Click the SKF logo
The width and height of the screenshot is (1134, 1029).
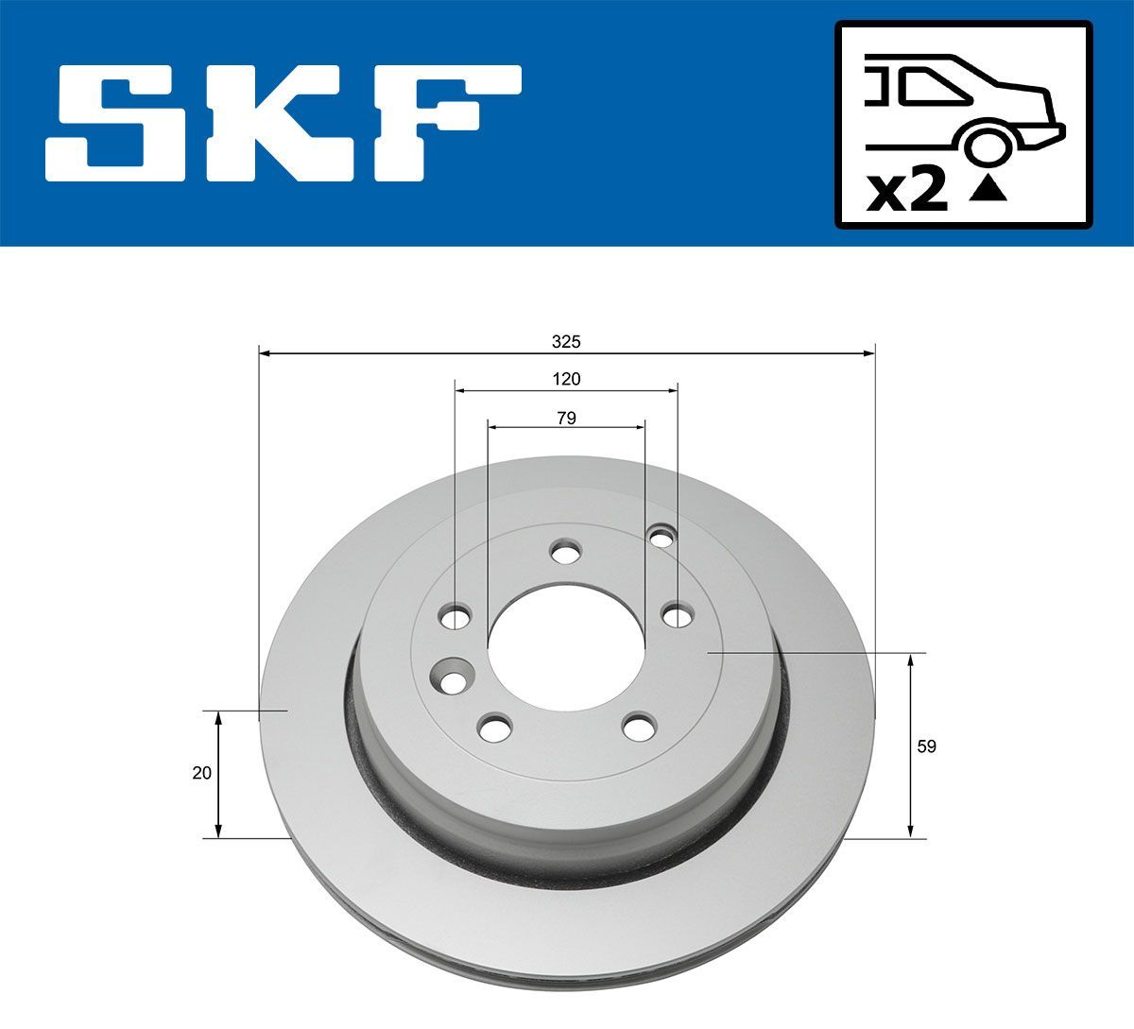pyautogui.click(x=283, y=123)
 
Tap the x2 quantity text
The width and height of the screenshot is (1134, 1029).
pyautogui.click(x=907, y=192)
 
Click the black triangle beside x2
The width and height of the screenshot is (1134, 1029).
pyautogui.click(x=988, y=190)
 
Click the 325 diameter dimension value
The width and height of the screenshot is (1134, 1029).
pyautogui.click(x=566, y=340)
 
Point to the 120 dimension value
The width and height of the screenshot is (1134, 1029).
pyautogui.click(x=566, y=379)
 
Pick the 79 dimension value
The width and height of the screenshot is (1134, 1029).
pyautogui.click(x=566, y=417)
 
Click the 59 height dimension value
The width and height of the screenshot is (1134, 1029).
pyautogui.click(x=926, y=746)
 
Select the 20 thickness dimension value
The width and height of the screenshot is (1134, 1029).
pyautogui.click(x=200, y=773)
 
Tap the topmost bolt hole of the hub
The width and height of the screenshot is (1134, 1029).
pyautogui.click(x=565, y=554)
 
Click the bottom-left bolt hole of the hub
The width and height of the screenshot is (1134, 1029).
pyautogui.click(x=493, y=728)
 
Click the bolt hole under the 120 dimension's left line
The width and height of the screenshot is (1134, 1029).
pyautogui.click(x=455, y=619)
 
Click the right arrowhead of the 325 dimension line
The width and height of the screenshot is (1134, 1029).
pyautogui.click(x=870, y=353)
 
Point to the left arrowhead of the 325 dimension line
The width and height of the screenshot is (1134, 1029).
pyautogui.click(x=264, y=353)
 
